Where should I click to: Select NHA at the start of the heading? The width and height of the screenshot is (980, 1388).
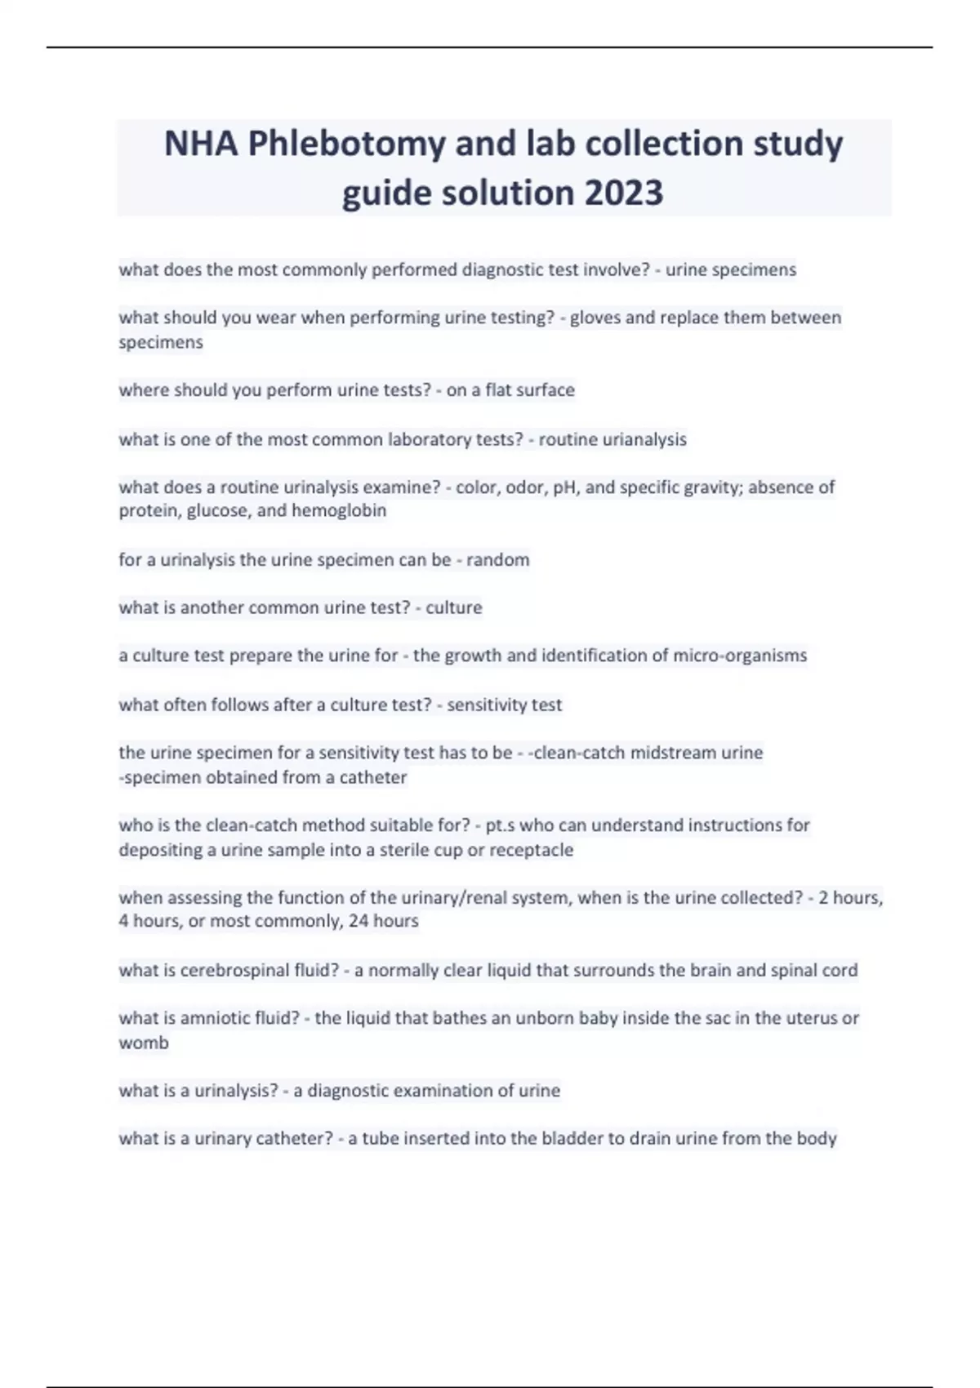201,145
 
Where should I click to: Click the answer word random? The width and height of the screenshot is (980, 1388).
497,560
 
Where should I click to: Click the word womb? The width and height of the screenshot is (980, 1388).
144,1043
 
